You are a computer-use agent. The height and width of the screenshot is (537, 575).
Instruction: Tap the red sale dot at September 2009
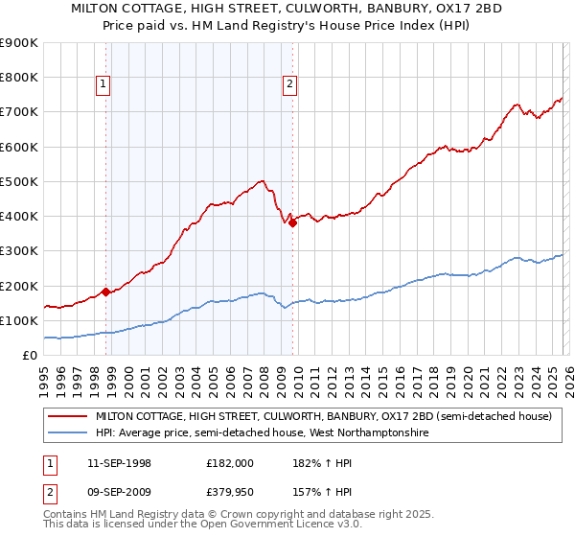pos(292,222)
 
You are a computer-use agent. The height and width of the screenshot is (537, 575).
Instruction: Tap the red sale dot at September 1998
pos(105,292)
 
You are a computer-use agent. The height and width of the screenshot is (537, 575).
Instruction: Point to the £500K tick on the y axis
pos(19,181)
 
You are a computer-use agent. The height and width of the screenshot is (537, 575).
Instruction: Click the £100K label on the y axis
pos(19,320)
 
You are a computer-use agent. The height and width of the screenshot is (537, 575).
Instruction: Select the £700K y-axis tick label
pos(19,112)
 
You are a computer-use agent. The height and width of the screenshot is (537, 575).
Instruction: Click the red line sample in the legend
pos(66,417)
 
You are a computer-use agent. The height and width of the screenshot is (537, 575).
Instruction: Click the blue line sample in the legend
pos(66,433)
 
